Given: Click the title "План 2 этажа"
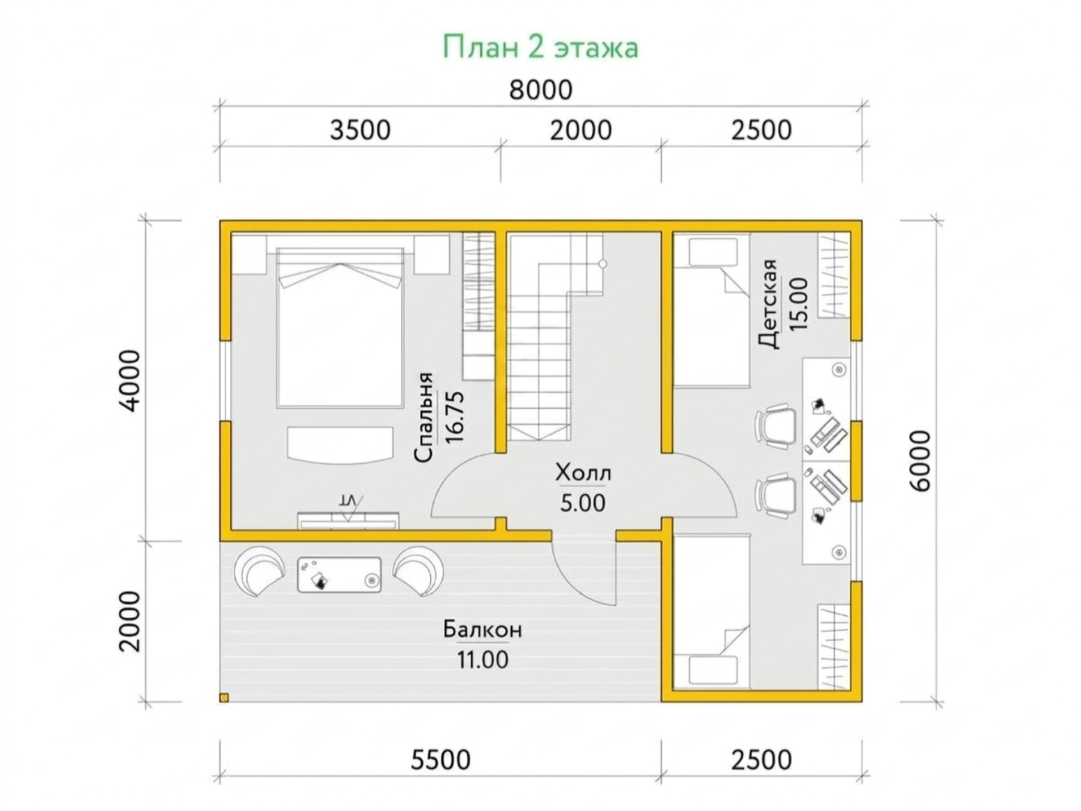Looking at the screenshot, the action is (540, 47).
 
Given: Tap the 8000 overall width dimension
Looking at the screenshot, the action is (540, 90).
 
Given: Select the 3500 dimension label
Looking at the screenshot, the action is (360, 130).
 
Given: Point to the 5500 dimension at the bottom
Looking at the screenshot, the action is (440, 760).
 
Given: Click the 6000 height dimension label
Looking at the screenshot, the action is (921, 461).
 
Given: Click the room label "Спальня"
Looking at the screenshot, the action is (423, 418).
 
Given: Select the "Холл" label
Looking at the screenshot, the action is (583, 473).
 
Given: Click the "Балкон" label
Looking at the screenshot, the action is (483, 629).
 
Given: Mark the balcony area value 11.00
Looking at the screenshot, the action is (483, 659).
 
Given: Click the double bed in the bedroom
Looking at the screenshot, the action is (340, 327).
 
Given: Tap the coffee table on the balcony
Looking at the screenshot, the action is (339, 575).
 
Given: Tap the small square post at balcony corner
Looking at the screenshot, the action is (224, 698).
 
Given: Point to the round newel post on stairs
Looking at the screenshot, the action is (602, 264).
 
